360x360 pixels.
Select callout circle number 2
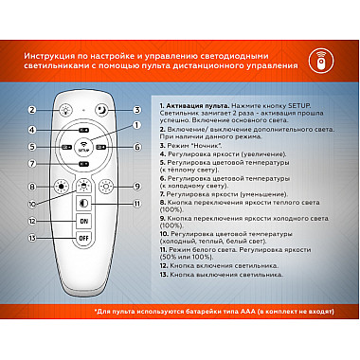[32, 111]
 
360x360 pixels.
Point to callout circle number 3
[137, 110]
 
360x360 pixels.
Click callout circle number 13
[32, 264]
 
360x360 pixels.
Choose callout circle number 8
[32, 188]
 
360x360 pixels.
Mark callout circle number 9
[136, 188]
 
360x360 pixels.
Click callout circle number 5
[32, 148]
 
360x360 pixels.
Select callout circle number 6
[136, 147]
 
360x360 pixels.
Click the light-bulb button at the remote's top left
[64, 111]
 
